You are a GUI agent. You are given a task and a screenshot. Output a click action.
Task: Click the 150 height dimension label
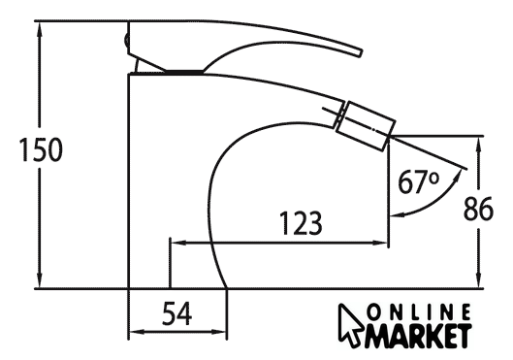pos(41,149)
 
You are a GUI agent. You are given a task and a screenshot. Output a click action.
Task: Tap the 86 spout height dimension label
pos(478,209)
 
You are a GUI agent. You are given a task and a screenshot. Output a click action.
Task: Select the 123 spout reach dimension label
pos(302,223)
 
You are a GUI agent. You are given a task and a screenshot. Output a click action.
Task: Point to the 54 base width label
pos(177,313)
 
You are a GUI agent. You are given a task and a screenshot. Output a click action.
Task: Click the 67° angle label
pos(418,181)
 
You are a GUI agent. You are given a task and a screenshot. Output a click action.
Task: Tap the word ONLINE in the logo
pos(419,312)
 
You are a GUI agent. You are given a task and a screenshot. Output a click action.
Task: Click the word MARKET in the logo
pos(418,336)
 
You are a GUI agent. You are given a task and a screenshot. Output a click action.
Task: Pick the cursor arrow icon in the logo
pos(350,325)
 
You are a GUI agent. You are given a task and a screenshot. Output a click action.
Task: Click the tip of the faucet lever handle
pos(360,53)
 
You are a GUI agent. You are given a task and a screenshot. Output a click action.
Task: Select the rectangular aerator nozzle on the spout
pos(367,126)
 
